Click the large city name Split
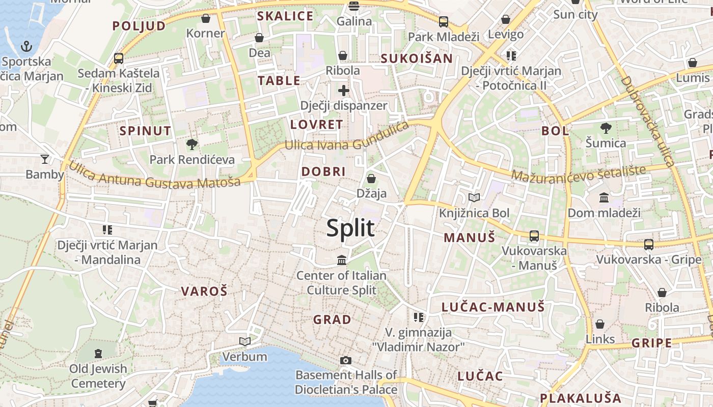click(x=350, y=228)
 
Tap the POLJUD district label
click(x=139, y=26)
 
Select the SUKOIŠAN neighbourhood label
click(x=417, y=59)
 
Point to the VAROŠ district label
click(x=204, y=292)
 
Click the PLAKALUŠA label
click(x=581, y=398)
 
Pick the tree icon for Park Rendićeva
click(x=192, y=144)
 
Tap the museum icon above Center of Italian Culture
click(x=342, y=260)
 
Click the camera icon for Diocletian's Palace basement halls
click(x=346, y=360)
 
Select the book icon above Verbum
click(x=245, y=341)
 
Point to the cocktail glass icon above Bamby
click(x=45, y=159)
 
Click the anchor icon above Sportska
click(x=26, y=47)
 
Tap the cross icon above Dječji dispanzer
click(x=344, y=91)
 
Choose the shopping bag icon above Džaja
click(x=371, y=179)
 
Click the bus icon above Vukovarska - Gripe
click(x=649, y=244)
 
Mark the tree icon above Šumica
click(x=606, y=128)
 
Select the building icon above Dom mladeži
click(x=604, y=197)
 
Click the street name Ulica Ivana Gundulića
click(x=347, y=137)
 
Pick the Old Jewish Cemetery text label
click(x=98, y=375)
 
